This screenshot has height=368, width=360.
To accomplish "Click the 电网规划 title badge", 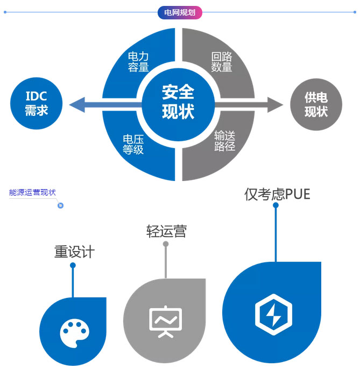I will point(180,12).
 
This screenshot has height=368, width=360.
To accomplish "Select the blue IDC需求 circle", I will point(37,103).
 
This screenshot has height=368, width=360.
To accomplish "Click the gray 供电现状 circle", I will point(316,104).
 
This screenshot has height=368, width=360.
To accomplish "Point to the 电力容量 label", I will point(138,61).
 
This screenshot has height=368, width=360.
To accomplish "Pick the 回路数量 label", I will point(222,61).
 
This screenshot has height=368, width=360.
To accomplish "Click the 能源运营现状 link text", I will point(32,192).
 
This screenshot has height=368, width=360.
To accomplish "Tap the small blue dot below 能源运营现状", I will point(61,205).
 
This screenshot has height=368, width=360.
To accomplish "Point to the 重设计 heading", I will point(74,252).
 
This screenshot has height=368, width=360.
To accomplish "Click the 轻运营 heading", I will point(166,231).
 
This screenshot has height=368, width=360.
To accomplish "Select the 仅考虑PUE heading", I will point(277,194).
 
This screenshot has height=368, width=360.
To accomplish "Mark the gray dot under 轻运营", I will point(166,244).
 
